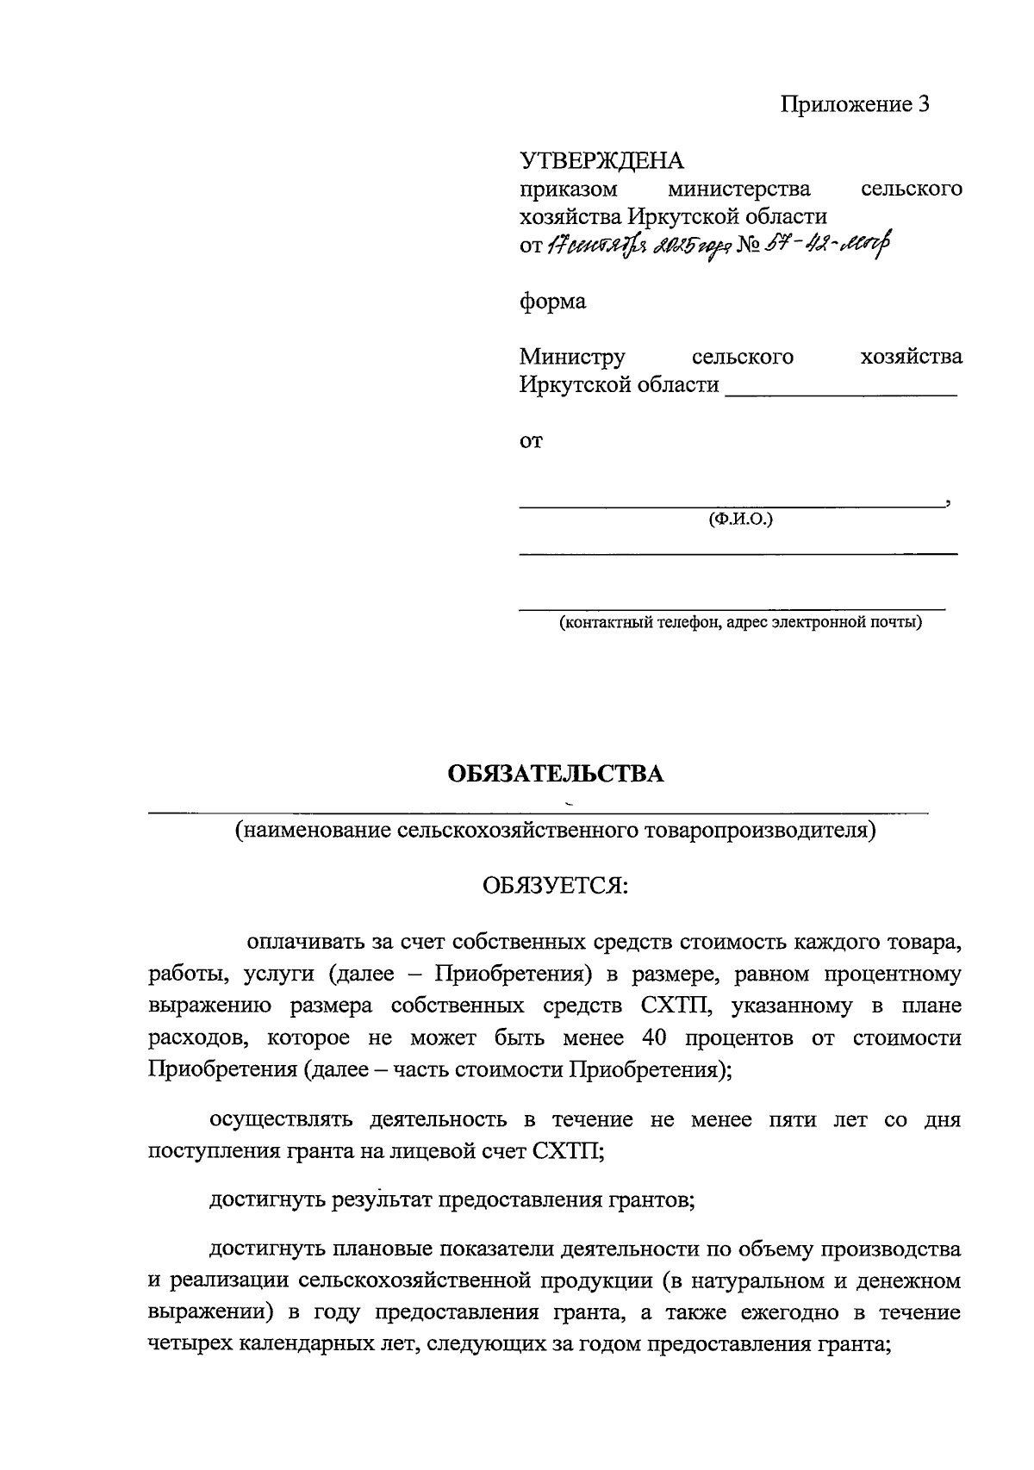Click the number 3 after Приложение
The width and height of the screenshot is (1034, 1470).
click(924, 105)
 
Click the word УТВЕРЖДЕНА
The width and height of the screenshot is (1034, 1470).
click(601, 161)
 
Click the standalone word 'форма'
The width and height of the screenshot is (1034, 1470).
click(552, 302)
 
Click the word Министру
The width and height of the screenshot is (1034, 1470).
click(572, 357)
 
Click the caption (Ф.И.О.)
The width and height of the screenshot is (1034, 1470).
click(739, 520)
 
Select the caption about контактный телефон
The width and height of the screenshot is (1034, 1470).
click(739, 622)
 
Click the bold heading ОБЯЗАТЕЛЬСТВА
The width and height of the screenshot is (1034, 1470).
click(556, 774)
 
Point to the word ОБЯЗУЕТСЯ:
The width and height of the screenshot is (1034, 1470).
click(555, 886)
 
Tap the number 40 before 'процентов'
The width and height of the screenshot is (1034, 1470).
click(654, 1038)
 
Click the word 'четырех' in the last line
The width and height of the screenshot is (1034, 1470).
click(188, 1345)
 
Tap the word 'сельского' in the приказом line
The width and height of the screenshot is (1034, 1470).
click(912, 189)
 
